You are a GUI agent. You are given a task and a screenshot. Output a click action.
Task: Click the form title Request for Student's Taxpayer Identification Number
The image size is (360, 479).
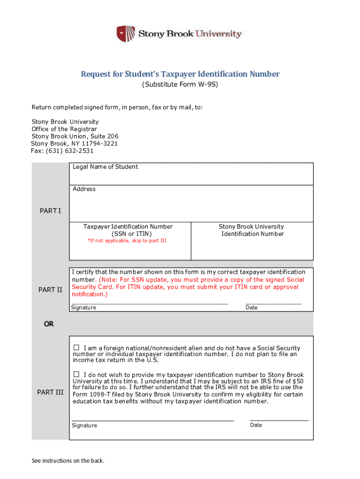180,74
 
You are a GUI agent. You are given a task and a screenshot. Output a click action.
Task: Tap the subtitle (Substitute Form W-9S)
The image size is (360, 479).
180,85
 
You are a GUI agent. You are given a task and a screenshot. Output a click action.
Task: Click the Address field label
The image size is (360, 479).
84,189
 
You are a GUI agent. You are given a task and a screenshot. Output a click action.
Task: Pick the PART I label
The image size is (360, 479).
50,211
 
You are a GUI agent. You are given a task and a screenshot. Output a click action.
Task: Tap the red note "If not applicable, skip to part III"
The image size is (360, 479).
127,240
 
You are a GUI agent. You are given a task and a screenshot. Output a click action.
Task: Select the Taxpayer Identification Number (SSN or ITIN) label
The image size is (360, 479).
128,230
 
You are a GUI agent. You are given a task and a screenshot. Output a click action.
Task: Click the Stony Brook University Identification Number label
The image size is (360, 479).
252,230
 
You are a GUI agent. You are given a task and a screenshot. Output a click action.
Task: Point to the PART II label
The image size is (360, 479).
50,290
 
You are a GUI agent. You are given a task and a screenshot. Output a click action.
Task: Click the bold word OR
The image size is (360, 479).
49,324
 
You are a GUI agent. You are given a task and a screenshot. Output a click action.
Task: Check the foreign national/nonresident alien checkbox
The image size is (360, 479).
77,348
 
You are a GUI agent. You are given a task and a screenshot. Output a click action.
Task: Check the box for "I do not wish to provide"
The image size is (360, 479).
77,374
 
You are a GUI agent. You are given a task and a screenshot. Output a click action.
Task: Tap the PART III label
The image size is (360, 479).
50,392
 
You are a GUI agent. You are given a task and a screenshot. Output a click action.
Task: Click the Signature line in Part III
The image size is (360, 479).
152,421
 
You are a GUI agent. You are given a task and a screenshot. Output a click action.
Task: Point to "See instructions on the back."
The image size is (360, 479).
68,461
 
